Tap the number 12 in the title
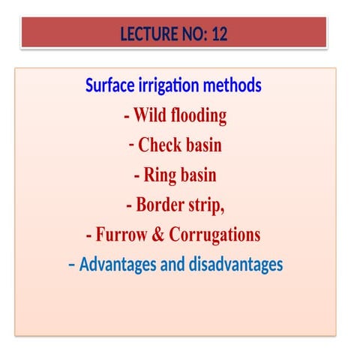[218, 34]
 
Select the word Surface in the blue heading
[112, 85]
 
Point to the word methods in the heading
[236, 85]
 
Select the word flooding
[199, 116]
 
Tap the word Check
[160, 145]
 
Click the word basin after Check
[202, 145]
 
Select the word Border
[163, 205]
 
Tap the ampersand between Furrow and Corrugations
[159, 235]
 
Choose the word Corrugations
[214, 235]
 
